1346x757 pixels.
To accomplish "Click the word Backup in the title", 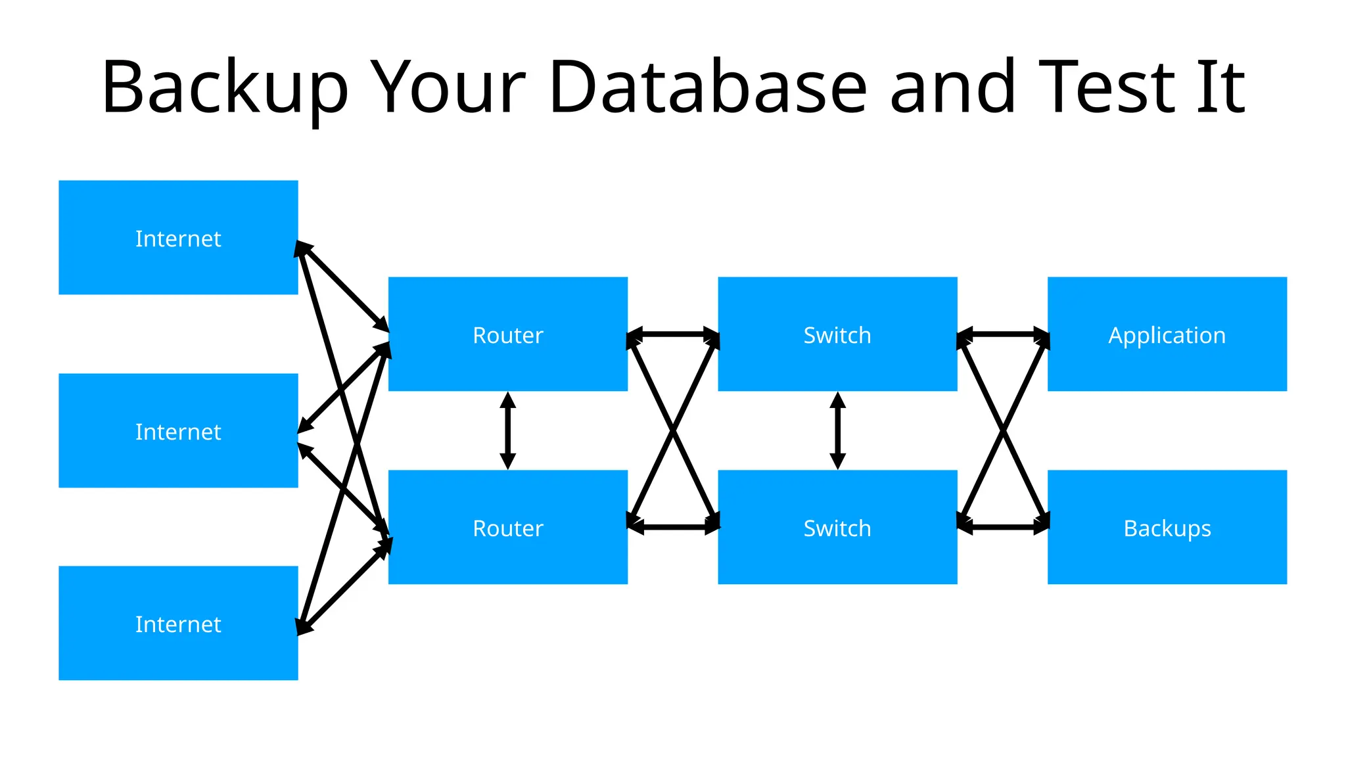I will click(224, 87).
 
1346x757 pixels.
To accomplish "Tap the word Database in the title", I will click(708, 87).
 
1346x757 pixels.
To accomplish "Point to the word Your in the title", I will click(448, 87).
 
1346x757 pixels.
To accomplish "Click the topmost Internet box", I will click(178, 238).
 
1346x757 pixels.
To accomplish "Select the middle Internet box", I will click(178, 431).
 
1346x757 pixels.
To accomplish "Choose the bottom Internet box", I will click(178, 624).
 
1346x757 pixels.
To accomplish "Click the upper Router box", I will click(507, 334).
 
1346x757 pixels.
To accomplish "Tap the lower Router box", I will click(507, 528).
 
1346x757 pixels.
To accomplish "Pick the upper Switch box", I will click(837, 334).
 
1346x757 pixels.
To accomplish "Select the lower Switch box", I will click(837, 528).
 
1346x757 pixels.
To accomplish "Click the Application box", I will click(1167, 334).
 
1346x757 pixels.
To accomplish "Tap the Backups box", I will click(1167, 528).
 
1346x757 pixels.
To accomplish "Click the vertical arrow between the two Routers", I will click(507, 430).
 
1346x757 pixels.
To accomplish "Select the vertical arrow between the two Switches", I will click(837, 430).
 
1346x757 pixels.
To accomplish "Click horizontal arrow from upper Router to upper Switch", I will click(672, 334).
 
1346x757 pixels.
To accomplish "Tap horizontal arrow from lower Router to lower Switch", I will click(672, 527).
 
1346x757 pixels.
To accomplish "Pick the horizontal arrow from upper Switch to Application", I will click(1002, 334).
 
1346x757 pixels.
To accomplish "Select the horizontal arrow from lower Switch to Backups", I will click(1002, 527).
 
